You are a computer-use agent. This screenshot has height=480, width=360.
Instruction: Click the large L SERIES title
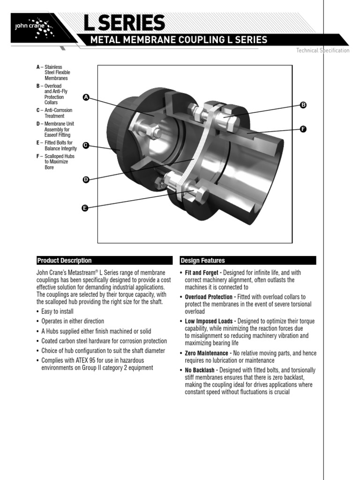pos(124,23)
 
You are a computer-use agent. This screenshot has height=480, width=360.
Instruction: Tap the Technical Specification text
pos(322,51)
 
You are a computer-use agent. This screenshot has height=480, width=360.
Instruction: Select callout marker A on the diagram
pos(86,97)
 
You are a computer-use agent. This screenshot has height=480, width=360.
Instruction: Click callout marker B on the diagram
pos(303,105)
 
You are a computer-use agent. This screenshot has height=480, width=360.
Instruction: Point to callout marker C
pos(86,145)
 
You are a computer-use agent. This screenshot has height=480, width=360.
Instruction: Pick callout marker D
pos(86,180)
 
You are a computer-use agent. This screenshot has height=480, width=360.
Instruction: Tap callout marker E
pos(85,208)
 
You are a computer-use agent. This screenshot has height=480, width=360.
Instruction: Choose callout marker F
pos(303,128)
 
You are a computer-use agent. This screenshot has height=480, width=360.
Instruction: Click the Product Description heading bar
pos(104,261)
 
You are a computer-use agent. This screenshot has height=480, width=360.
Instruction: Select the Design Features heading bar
pos(248,261)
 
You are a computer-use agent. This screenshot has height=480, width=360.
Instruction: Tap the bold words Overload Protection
pos(209,297)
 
